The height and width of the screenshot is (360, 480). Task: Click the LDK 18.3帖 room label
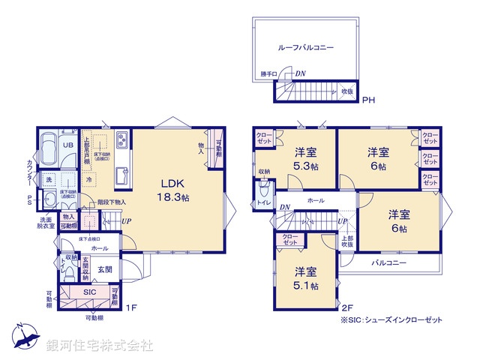(173, 190)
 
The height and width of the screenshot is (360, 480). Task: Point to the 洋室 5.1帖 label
(304, 278)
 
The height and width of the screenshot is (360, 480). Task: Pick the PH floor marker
(368, 100)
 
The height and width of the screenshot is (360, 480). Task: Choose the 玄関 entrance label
(104, 268)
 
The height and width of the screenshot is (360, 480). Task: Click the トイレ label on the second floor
(263, 202)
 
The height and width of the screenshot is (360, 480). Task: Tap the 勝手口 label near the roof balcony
(268, 74)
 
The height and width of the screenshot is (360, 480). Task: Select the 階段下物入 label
(112, 202)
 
